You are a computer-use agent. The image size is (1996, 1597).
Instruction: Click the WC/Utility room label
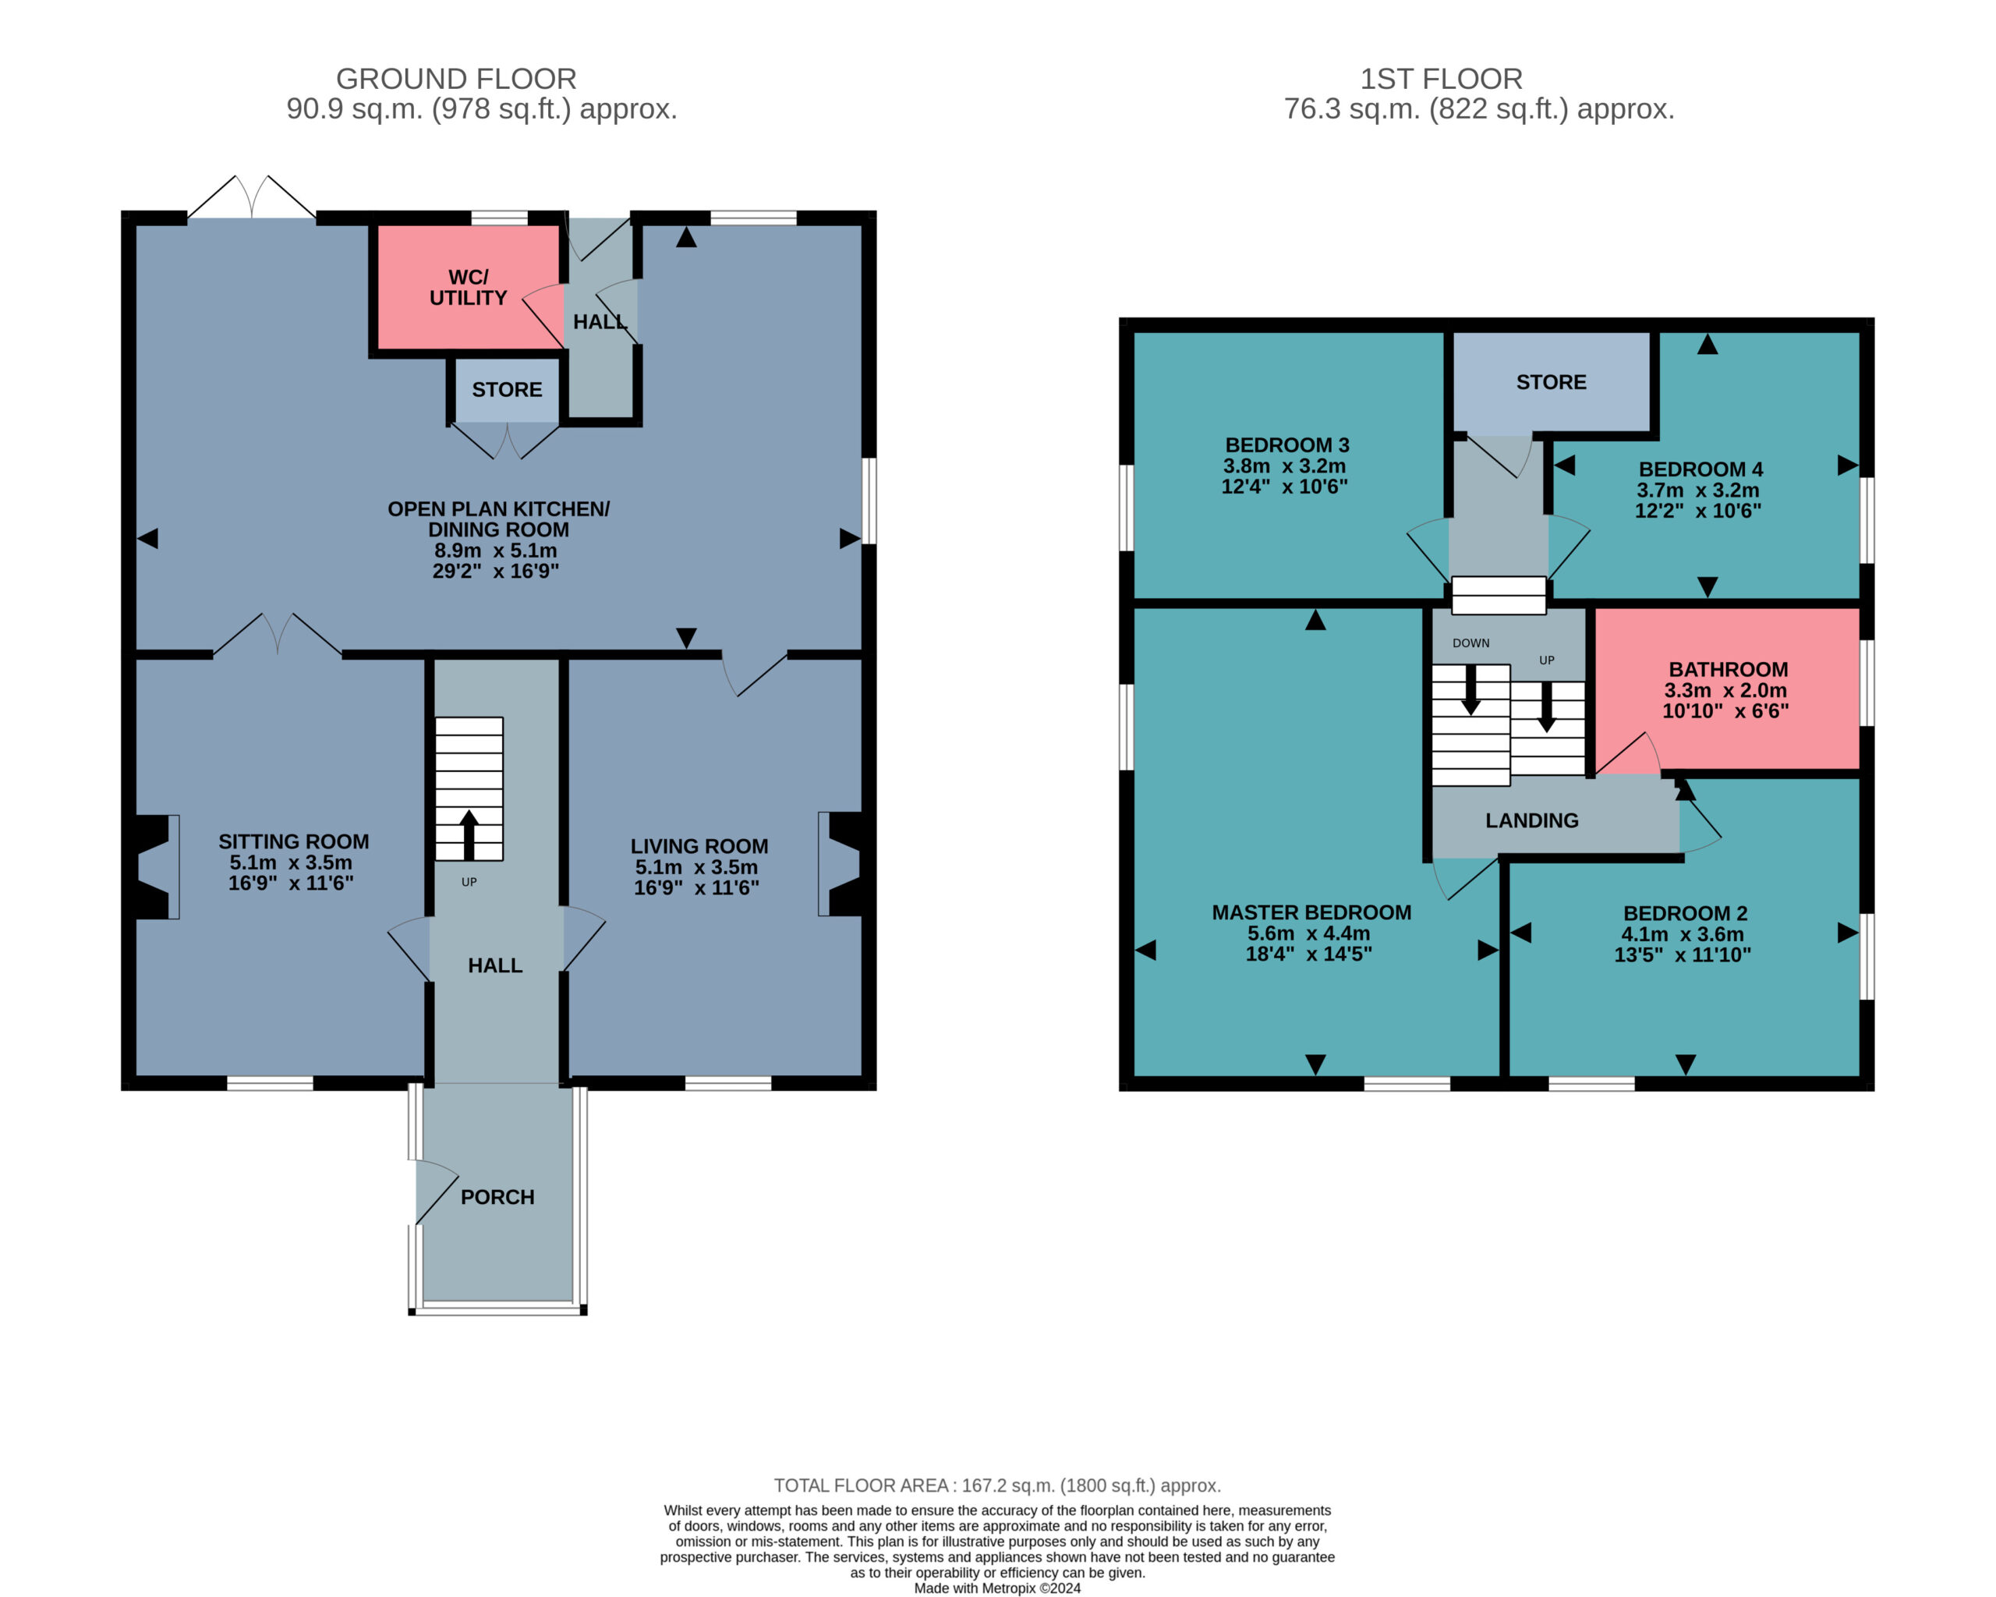(x=468, y=287)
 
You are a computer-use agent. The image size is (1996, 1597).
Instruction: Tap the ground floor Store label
(x=506, y=390)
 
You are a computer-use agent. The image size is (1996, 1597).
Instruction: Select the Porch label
(x=497, y=1197)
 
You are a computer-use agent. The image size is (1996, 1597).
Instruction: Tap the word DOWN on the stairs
(x=1471, y=643)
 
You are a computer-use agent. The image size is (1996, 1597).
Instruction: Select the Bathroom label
(x=1729, y=669)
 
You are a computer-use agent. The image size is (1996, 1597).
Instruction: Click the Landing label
(x=1532, y=820)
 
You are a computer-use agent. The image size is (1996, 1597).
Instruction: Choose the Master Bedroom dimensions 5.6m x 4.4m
(x=1309, y=933)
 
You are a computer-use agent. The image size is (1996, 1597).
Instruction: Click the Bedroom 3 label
(x=1286, y=445)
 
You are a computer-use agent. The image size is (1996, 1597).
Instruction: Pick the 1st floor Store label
(x=1551, y=382)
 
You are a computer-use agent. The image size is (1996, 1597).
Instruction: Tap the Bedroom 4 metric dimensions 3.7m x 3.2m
(x=1698, y=490)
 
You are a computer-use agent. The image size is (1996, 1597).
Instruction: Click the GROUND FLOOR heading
(x=455, y=79)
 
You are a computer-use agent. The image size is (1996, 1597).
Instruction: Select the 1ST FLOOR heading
(x=1442, y=79)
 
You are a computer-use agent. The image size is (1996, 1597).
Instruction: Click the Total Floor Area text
(x=997, y=1486)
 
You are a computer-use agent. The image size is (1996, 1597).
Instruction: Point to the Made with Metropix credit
(x=997, y=1588)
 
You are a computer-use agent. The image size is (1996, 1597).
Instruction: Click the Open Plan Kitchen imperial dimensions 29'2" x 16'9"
(x=495, y=572)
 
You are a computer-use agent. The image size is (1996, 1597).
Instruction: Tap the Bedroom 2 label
(x=1685, y=913)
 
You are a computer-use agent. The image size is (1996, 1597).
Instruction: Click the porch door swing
(x=436, y=1192)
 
